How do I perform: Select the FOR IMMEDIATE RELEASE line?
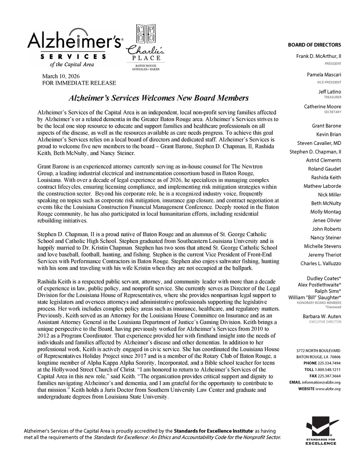coord(79,83)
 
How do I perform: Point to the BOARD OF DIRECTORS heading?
coord(314,45)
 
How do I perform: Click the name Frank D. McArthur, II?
coord(318,56)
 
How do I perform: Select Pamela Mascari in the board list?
coord(323,75)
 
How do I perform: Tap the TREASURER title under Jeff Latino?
coord(332,97)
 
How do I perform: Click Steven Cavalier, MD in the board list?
coord(319,143)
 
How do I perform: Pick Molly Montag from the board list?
coord(325,212)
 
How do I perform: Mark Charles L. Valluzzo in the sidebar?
coord(321,263)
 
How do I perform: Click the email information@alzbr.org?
coord(323,382)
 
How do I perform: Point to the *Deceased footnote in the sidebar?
coord(332,306)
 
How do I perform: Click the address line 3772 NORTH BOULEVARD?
coord(318,351)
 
